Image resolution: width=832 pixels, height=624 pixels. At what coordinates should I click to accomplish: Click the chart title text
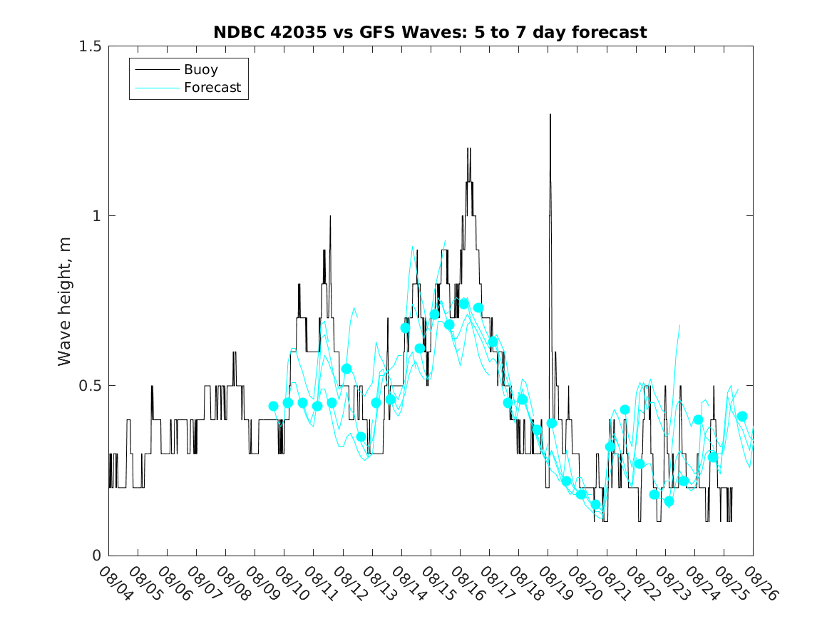click(430, 32)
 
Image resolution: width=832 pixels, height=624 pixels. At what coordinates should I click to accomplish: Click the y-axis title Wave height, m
click(65, 301)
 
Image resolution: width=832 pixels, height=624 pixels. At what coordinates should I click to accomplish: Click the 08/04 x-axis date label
click(113, 583)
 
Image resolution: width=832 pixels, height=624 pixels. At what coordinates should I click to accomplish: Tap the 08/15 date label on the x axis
click(436, 583)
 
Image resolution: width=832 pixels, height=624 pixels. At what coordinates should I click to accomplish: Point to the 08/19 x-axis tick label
click(553, 583)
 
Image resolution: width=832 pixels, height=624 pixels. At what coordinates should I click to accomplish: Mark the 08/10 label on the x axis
click(289, 583)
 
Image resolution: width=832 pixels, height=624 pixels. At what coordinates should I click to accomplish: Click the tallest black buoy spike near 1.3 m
click(550, 116)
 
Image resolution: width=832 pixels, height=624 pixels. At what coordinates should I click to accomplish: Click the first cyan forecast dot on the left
click(273, 406)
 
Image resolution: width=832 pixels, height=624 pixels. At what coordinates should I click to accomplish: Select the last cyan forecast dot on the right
click(742, 416)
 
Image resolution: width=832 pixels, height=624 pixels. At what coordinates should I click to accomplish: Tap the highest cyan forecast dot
click(464, 304)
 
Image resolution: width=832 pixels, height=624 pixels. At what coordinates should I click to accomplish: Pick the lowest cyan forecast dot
click(595, 505)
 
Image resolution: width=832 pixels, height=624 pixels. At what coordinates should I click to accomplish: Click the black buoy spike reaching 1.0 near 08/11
click(330, 217)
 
